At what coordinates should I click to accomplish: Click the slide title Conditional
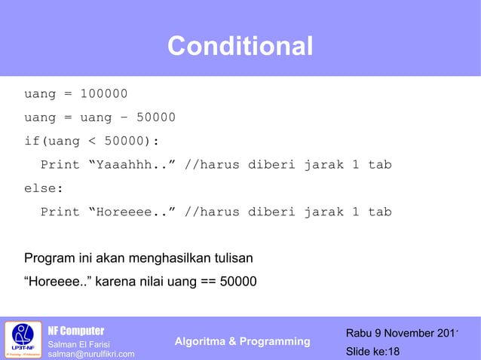pyautogui.click(x=240, y=47)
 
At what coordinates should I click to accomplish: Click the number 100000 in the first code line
pyautogui.click(x=104, y=94)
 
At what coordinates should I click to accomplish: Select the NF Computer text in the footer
pyautogui.click(x=76, y=331)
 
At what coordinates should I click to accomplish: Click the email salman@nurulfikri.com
pyautogui.click(x=91, y=354)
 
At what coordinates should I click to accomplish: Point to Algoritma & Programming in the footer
pyautogui.click(x=242, y=341)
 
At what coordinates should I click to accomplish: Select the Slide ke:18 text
pyautogui.click(x=372, y=352)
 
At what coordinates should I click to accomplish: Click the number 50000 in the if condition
pyautogui.click(x=128, y=141)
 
